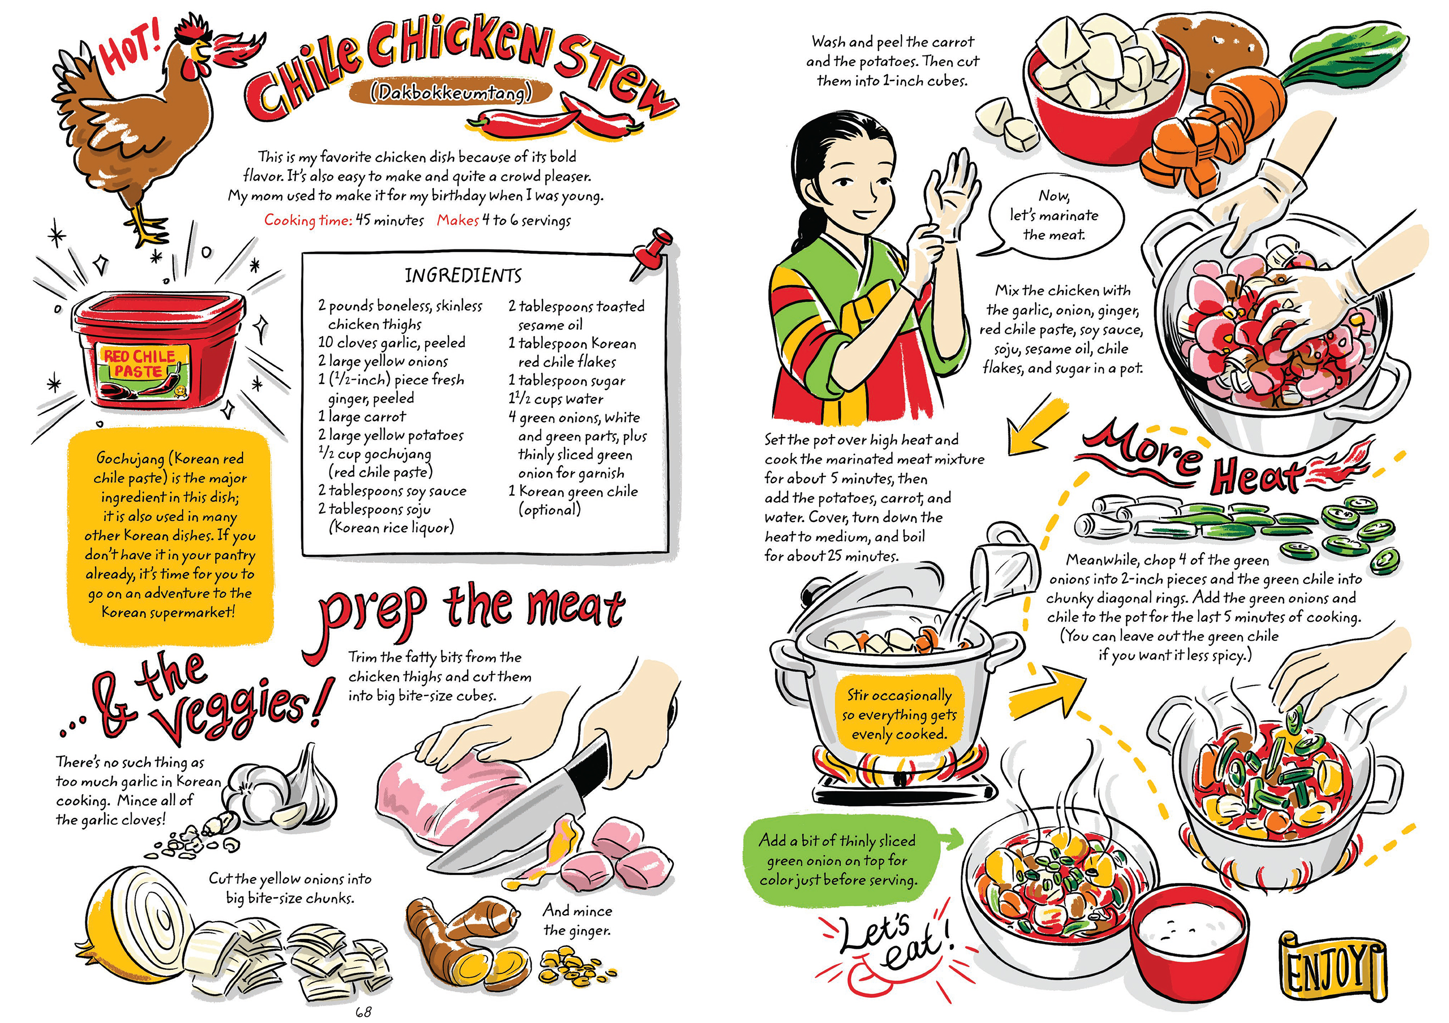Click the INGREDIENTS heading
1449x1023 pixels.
463,276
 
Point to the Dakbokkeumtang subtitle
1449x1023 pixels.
451,94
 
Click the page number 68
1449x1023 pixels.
363,1012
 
